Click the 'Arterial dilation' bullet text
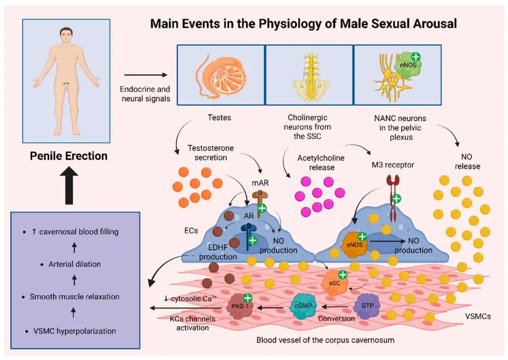coord(75,264)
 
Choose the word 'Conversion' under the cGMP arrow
coord(336,319)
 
